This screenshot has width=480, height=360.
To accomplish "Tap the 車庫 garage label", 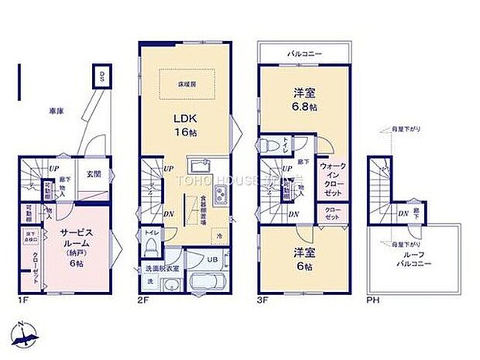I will [x=55, y=111].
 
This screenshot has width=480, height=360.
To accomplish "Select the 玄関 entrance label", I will [x=93, y=173].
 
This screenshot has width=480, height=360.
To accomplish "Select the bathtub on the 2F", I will [x=206, y=282].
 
